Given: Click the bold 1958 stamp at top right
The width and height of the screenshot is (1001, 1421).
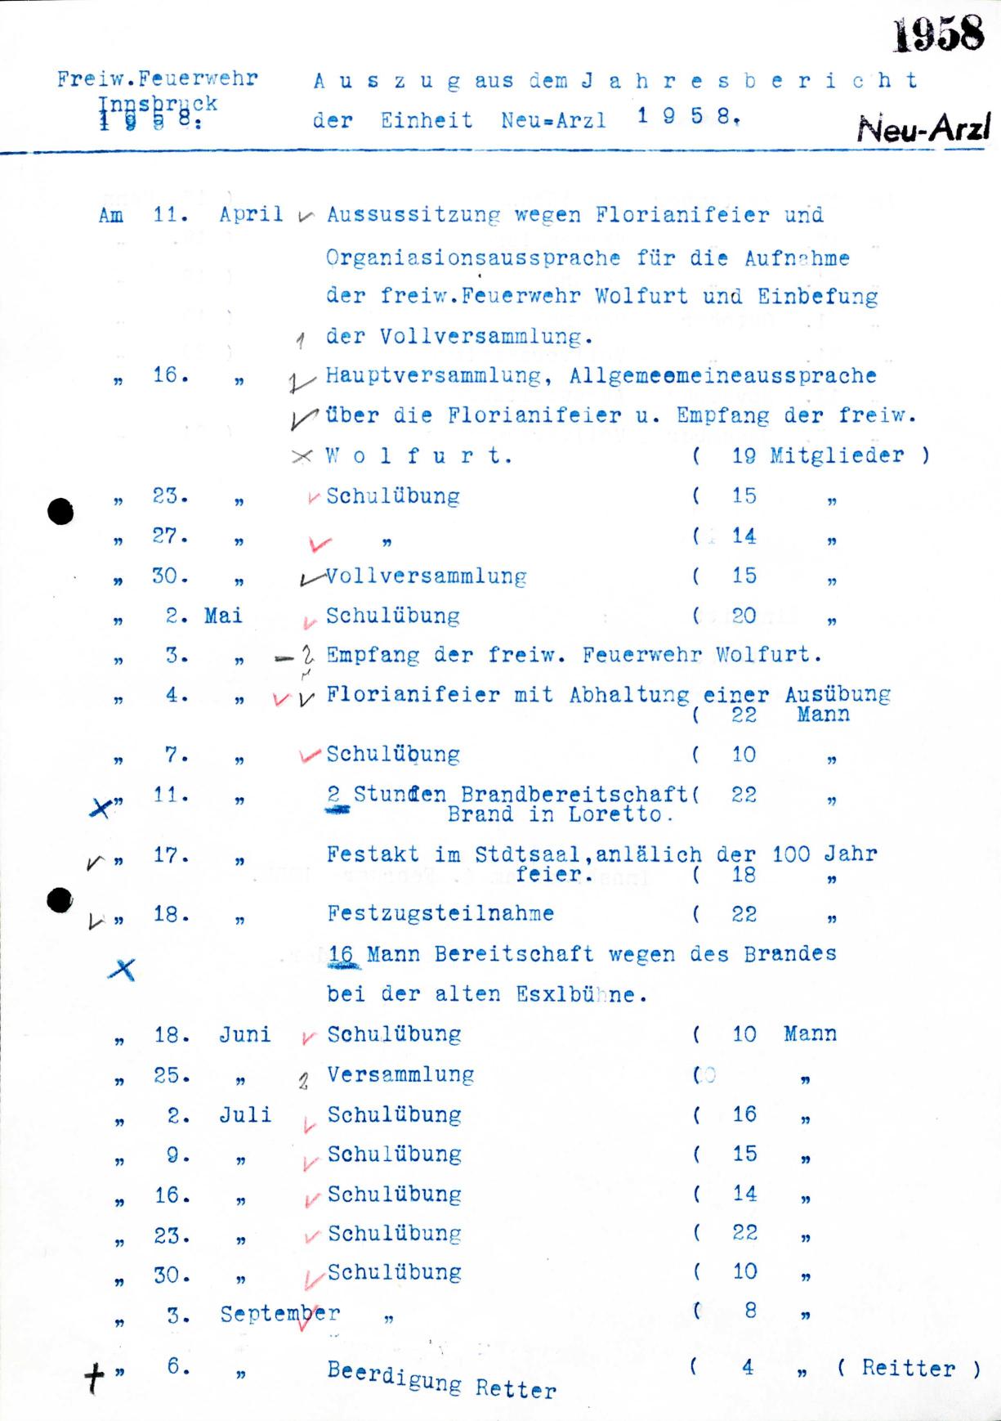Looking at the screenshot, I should [938, 35].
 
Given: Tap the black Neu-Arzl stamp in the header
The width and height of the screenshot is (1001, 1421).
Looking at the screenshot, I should [923, 129].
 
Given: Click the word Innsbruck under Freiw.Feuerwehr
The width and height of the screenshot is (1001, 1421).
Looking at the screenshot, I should [158, 105].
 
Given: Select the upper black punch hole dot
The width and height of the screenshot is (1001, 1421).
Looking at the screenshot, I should [60, 512].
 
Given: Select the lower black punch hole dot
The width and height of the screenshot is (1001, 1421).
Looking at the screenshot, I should [60, 900].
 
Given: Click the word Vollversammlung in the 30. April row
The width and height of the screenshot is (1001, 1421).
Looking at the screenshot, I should [426, 576].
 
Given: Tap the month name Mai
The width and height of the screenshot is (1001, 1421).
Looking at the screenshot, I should [223, 616].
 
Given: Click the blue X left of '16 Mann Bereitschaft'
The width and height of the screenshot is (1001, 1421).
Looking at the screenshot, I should [122, 970].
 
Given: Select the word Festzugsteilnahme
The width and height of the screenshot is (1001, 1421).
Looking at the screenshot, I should [440, 913].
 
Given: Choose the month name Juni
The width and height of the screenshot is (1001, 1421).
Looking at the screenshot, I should [244, 1034].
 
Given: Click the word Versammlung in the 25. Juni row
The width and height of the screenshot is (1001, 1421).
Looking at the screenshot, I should [400, 1074].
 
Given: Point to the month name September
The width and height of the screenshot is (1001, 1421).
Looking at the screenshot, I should [279, 1314].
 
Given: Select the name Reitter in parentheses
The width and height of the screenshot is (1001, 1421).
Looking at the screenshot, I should [908, 1368].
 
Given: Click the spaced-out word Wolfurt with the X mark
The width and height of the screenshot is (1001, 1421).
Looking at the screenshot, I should [418, 456].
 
